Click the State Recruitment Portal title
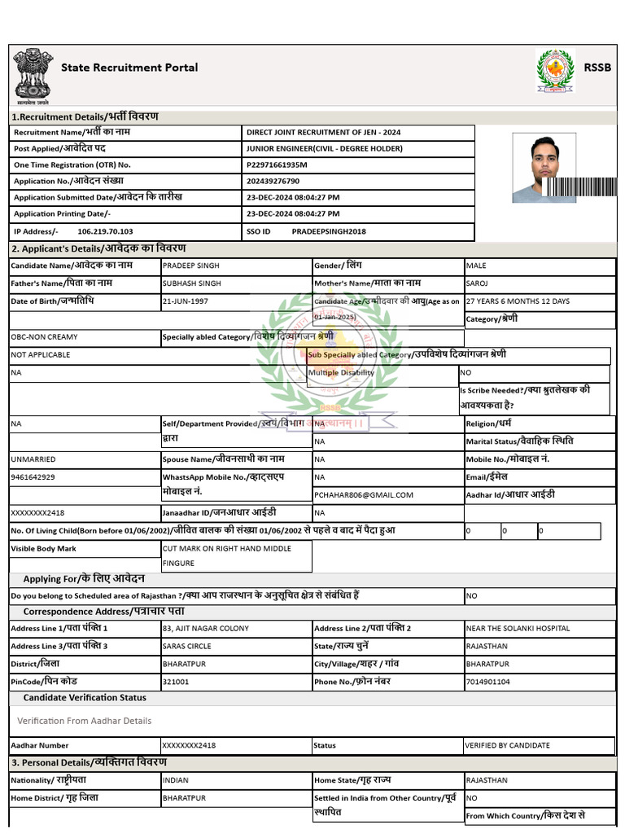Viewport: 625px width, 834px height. (x=129, y=68)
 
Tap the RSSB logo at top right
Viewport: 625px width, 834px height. (x=555, y=69)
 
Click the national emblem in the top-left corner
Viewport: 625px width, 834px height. (x=32, y=74)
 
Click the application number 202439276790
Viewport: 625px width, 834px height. (x=273, y=181)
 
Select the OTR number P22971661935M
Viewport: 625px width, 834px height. (x=277, y=165)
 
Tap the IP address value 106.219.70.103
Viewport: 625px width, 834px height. (x=105, y=231)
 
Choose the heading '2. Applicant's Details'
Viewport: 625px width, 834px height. (x=98, y=248)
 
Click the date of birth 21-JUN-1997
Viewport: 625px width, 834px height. (x=186, y=301)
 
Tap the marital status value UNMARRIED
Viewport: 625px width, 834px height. (x=33, y=459)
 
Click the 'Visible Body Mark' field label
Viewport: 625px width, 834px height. (x=43, y=549)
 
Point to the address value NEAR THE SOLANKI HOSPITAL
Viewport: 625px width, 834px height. (x=518, y=629)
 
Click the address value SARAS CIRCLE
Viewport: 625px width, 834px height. (x=187, y=646)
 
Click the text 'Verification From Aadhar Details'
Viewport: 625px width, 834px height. (x=85, y=721)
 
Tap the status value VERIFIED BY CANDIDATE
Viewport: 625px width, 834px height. (x=507, y=745)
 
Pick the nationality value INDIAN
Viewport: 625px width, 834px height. (x=176, y=780)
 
